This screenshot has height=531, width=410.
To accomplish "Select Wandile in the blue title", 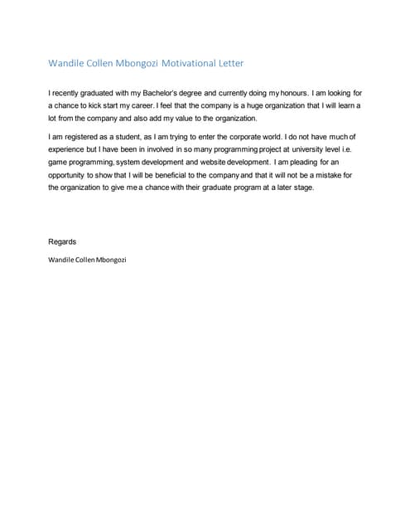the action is [67, 62].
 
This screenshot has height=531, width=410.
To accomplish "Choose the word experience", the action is [67, 149].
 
